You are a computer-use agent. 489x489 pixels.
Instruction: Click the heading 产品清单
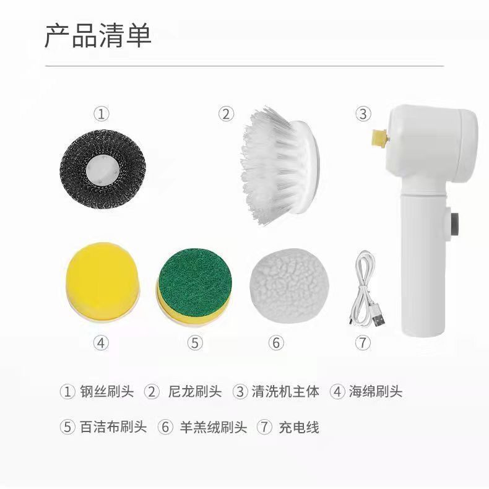pos(98,37)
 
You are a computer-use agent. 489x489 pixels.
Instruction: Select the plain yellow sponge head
pos(102,281)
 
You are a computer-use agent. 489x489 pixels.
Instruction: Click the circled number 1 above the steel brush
pos(101,114)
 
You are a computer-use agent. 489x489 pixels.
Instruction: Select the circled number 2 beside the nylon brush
pos(226,114)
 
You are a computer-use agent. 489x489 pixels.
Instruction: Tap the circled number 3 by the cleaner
pos(363,114)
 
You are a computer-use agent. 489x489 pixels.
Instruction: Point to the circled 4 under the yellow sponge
pos(101,342)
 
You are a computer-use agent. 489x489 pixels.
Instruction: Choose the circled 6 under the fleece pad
pos(276,342)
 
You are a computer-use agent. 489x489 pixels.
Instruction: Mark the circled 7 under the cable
pos(363,342)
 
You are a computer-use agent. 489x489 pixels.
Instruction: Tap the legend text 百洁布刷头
pos(113,427)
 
